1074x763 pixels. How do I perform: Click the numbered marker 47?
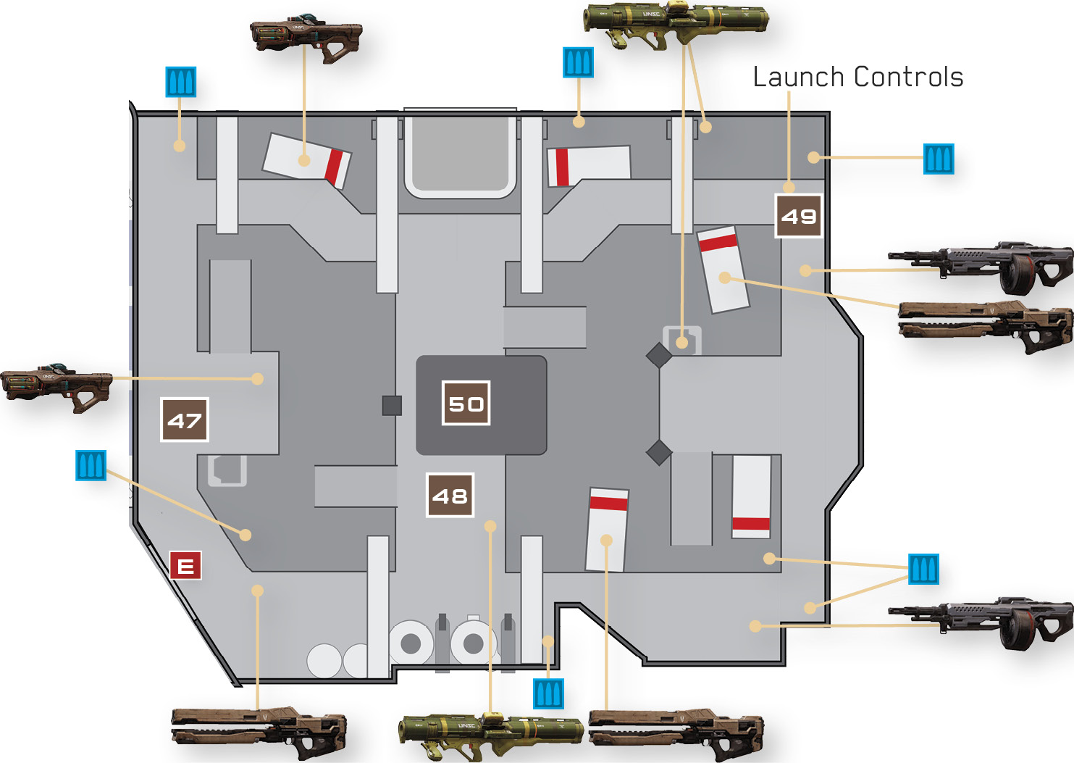coord(185,420)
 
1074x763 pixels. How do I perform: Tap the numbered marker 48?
coord(450,495)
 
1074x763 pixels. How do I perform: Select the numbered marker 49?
coord(799,216)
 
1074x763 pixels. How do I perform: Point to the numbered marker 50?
coord(466,404)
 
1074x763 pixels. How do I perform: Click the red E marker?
coord(185,566)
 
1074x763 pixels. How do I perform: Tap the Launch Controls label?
coord(858,78)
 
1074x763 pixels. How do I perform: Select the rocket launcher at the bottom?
coord(491,737)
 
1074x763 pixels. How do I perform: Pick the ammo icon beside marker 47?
coord(91,465)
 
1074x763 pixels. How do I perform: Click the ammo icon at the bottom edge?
coord(548,694)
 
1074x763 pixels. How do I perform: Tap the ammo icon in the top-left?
coord(181,82)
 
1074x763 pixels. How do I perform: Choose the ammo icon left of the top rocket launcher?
coord(578,62)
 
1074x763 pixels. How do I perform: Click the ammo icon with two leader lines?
coord(923,570)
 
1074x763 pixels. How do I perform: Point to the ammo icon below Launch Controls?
coord(939,159)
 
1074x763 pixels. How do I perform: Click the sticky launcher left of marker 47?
coord(56,388)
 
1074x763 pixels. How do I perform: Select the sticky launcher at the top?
coord(306,39)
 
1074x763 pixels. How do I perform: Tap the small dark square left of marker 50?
coord(392,406)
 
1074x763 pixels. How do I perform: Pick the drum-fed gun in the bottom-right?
coord(981,623)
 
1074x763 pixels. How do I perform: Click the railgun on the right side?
coord(986,327)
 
